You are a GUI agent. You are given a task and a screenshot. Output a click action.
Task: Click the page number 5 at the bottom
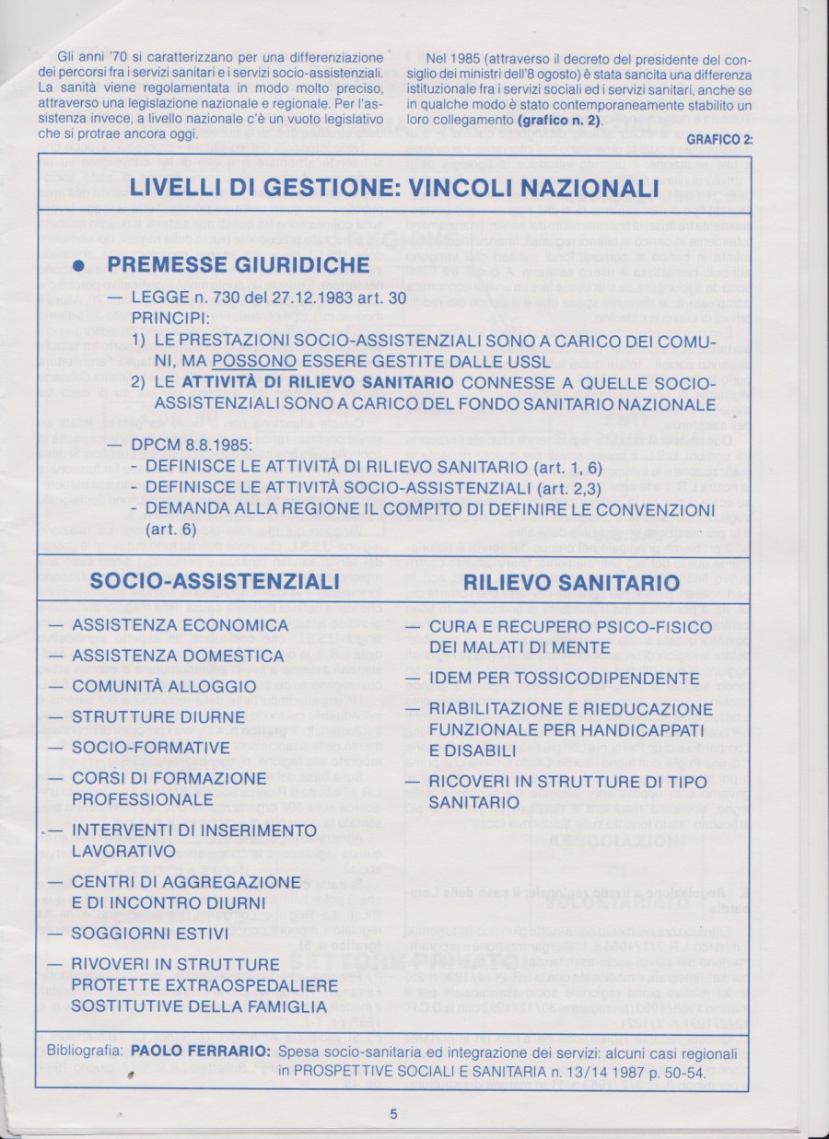click(x=393, y=1112)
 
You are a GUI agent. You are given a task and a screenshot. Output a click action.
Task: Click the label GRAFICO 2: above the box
click(x=720, y=139)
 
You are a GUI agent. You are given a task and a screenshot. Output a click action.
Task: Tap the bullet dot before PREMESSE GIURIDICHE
click(x=79, y=265)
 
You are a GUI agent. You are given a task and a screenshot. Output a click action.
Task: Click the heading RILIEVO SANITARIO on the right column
click(x=571, y=582)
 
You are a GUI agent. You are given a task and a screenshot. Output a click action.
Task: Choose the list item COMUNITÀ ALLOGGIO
click(x=164, y=686)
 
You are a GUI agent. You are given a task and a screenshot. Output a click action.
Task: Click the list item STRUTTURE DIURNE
click(x=158, y=716)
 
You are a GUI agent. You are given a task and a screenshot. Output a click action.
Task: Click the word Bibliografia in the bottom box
click(x=87, y=1052)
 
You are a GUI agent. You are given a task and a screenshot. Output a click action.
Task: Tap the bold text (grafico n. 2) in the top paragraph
click(x=558, y=121)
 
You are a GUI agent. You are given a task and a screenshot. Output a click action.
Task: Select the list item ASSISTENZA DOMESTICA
click(x=178, y=656)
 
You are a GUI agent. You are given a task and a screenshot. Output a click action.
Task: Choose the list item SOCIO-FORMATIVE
click(x=151, y=747)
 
